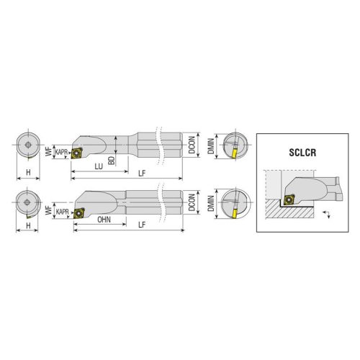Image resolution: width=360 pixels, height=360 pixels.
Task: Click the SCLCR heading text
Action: [302, 153]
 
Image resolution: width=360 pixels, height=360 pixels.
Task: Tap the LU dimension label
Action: [99, 166]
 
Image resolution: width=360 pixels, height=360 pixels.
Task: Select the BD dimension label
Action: [112, 160]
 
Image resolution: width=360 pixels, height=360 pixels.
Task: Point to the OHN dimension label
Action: [104, 220]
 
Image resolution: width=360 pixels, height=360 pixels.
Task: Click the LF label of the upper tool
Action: [142, 174]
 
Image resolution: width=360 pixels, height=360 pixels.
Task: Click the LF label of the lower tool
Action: [142, 225]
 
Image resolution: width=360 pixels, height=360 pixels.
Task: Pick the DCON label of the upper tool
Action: [192, 145]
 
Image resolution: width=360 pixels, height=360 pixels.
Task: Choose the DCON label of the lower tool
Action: [192, 202]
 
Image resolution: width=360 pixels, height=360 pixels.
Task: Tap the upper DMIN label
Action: [211, 146]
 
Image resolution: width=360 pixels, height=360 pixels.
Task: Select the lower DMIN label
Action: [211, 203]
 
